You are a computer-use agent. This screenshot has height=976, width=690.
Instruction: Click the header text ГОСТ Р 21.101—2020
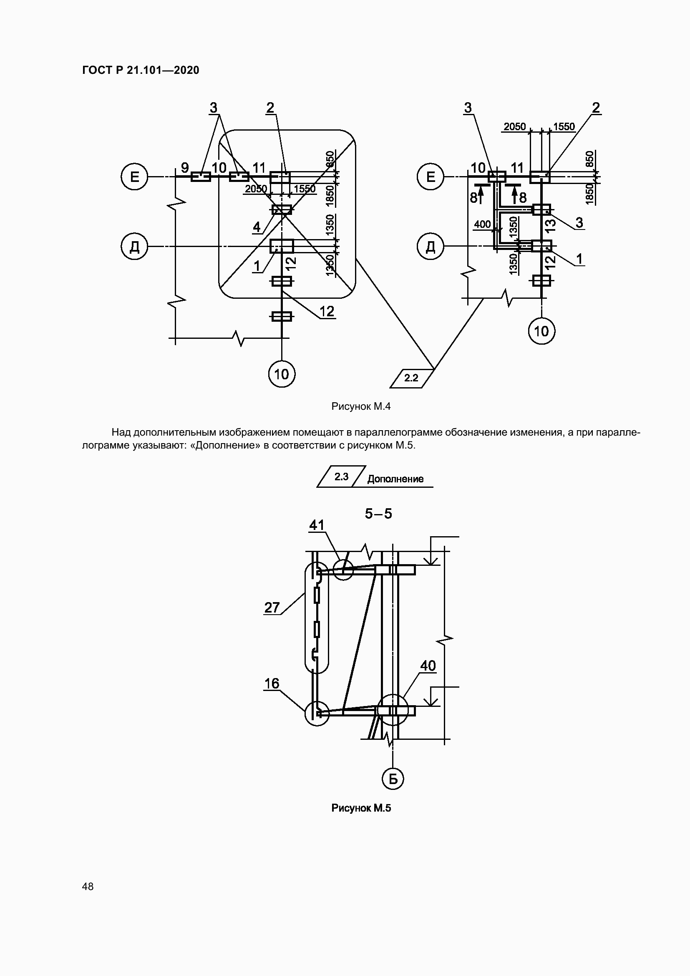pos(141,70)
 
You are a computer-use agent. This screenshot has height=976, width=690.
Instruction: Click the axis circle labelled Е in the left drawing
pos(134,177)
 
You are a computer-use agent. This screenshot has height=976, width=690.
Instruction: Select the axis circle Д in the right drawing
pos(431,246)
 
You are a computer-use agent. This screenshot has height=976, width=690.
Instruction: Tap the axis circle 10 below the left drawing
pos(282,374)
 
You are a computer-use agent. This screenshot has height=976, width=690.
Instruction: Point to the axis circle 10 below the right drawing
pos(542,331)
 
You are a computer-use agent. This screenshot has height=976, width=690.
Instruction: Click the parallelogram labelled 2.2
pos(412,378)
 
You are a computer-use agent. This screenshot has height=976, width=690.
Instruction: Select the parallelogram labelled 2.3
pos(341,477)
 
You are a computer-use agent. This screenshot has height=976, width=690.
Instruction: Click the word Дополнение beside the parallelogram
pos(395,479)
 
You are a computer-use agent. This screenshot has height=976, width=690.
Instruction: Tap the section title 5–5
pos(378,514)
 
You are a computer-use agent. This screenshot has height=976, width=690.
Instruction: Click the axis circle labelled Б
pos(393,779)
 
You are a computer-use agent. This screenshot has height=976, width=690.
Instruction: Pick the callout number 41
pos(317,525)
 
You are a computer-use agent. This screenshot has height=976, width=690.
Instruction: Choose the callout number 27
pos(272,608)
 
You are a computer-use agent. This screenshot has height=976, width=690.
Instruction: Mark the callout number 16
pos(272,683)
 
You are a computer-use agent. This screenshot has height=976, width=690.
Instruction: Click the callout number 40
pos(428,666)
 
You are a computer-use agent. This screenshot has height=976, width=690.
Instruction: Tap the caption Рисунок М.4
pos(361,406)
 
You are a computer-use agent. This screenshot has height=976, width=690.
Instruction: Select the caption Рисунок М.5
pos(361,808)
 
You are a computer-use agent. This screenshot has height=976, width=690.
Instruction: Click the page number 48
pos(88,886)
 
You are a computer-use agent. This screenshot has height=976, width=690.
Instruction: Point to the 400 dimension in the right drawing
pos(482,224)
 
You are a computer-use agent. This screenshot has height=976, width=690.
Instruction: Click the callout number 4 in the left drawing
pos(257,227)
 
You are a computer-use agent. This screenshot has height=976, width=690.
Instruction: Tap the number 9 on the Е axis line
pos(185,167)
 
